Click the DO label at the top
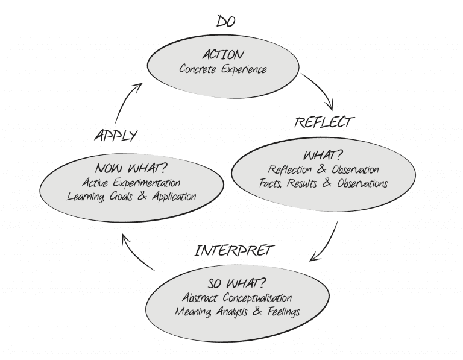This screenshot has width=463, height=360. (x=225, y=22)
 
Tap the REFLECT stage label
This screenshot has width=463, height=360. (x=323, y=122)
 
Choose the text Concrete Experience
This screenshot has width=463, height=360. (x=222, y=69)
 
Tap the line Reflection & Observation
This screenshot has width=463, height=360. (x=323, y=170)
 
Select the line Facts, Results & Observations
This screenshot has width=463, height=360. (x=323, y=183)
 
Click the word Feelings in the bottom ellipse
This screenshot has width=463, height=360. (x=281, y=312)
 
